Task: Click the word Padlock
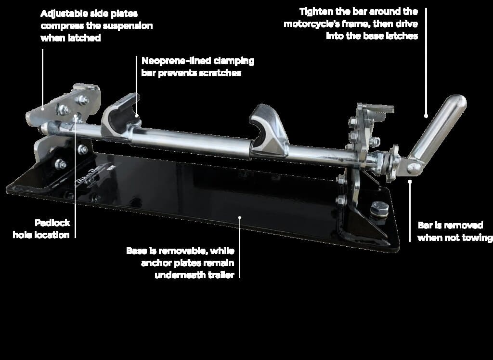(x=52, y=223)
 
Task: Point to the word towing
(x=477, y=238)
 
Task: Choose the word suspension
(x=130, y=26)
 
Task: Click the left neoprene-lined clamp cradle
(x=120, y=115)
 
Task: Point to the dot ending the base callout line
(x=240, y=217)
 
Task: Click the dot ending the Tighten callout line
(x=426, y=116)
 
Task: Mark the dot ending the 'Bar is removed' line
(x=410, y=181)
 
